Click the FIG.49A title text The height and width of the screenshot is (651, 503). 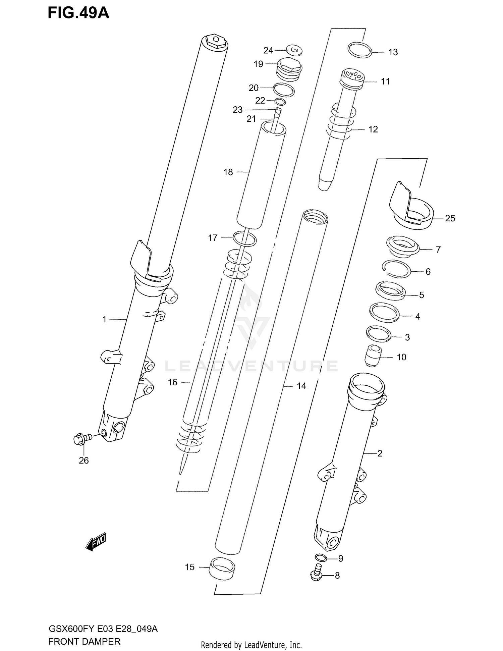coord(78,13)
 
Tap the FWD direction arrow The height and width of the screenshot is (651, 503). coord(96,541)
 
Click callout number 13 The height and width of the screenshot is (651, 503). coord(393,52)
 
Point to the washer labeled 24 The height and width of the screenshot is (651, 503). coord(294,51)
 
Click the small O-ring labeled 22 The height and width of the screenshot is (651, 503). coord(280,102)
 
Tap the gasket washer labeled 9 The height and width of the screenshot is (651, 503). coord(321,557)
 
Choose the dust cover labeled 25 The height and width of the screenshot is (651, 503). coord(411,210)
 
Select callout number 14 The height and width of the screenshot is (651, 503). coord(301,386)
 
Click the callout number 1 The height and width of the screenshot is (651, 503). coord(104,319)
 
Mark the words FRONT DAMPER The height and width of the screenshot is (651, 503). coord(84,641)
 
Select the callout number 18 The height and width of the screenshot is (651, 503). coord(228,172)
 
